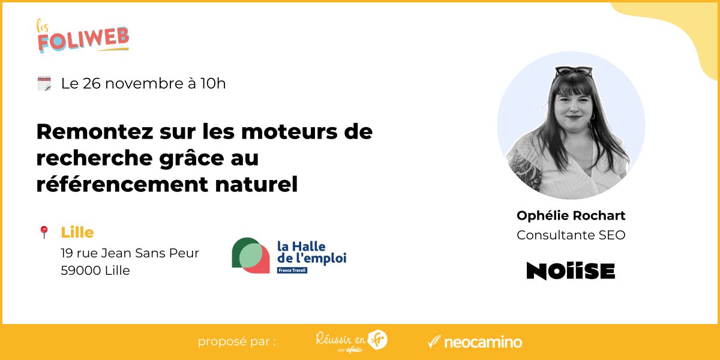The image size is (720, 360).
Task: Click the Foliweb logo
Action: tap(83, 37)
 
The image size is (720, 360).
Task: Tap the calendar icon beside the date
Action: tap(44, 83)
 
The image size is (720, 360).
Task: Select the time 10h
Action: tap(213, 83)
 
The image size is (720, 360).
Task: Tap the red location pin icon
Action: tap(44, 232)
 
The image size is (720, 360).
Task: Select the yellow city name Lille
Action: tap(77, 232)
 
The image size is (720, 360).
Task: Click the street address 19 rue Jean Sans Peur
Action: tap(130, 253)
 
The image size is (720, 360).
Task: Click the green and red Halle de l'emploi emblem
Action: tap(251, 256)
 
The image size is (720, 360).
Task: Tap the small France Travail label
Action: tap(292, 271)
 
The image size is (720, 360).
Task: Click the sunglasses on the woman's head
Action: tap(574, 71)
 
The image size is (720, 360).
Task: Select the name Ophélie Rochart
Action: tap(571, 215)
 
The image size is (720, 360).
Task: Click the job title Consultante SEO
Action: tap(571, 235)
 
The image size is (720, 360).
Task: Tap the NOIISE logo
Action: tap(571, 271)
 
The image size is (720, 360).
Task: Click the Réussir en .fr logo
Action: tap(352, 340)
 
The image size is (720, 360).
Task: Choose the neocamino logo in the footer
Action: tap(475, 343)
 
